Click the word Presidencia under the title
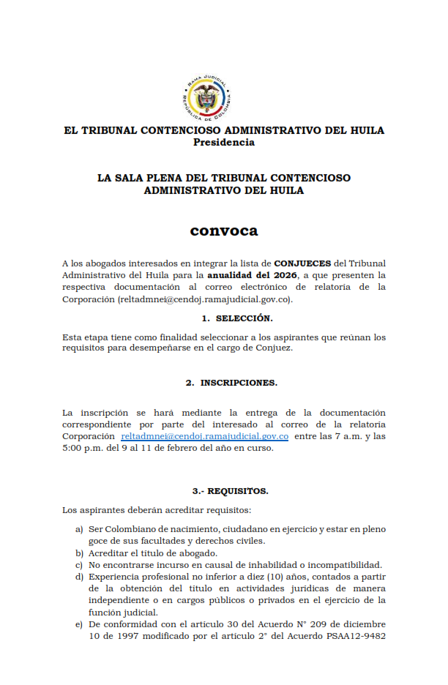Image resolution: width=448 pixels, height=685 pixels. coord(224,143)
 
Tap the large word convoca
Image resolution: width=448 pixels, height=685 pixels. coord(224,231)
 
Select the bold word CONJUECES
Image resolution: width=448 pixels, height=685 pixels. coord(302,263)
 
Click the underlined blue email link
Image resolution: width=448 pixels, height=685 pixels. coord(204,436)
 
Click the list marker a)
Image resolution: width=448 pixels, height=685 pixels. coord(78,529)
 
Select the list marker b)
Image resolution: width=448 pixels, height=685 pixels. coord(78,553)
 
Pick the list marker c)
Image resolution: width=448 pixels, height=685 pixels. coord(78,565)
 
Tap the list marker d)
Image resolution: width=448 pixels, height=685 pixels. coord(78,577)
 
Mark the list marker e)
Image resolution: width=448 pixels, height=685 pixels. coord(78,624)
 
